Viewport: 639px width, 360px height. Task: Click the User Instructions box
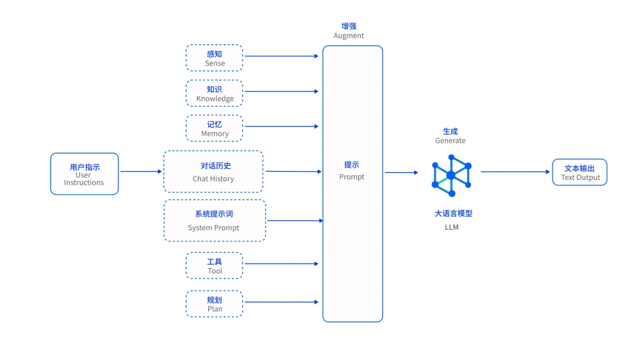click(x=84, y=174)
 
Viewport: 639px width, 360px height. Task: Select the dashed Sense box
click(x=214, y=58)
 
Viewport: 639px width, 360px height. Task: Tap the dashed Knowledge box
click(x=214, y=94)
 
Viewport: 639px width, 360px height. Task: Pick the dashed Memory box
click(x=214, y=128)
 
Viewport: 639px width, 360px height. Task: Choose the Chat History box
click(x=213, y=172)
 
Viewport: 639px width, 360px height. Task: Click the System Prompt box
click(x=214, y=220)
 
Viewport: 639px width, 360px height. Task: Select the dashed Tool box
click(x=214, y=265)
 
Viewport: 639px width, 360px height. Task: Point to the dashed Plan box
click(x=214, y=304)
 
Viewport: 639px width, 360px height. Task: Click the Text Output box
click(x=580, y=172)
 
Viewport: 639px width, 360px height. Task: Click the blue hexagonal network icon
click(x=451, y=175)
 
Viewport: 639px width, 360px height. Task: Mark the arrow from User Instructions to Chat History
click(x=141, y=172)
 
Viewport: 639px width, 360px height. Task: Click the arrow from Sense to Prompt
click(x=282, y=56)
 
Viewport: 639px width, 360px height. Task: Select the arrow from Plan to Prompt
click(x=282, y=302)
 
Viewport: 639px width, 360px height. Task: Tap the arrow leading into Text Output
click(x=515, y=172)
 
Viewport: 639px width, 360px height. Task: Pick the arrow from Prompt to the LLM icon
click(x=401, y=173)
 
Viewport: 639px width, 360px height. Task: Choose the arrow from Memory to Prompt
click(x=282, y=126)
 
